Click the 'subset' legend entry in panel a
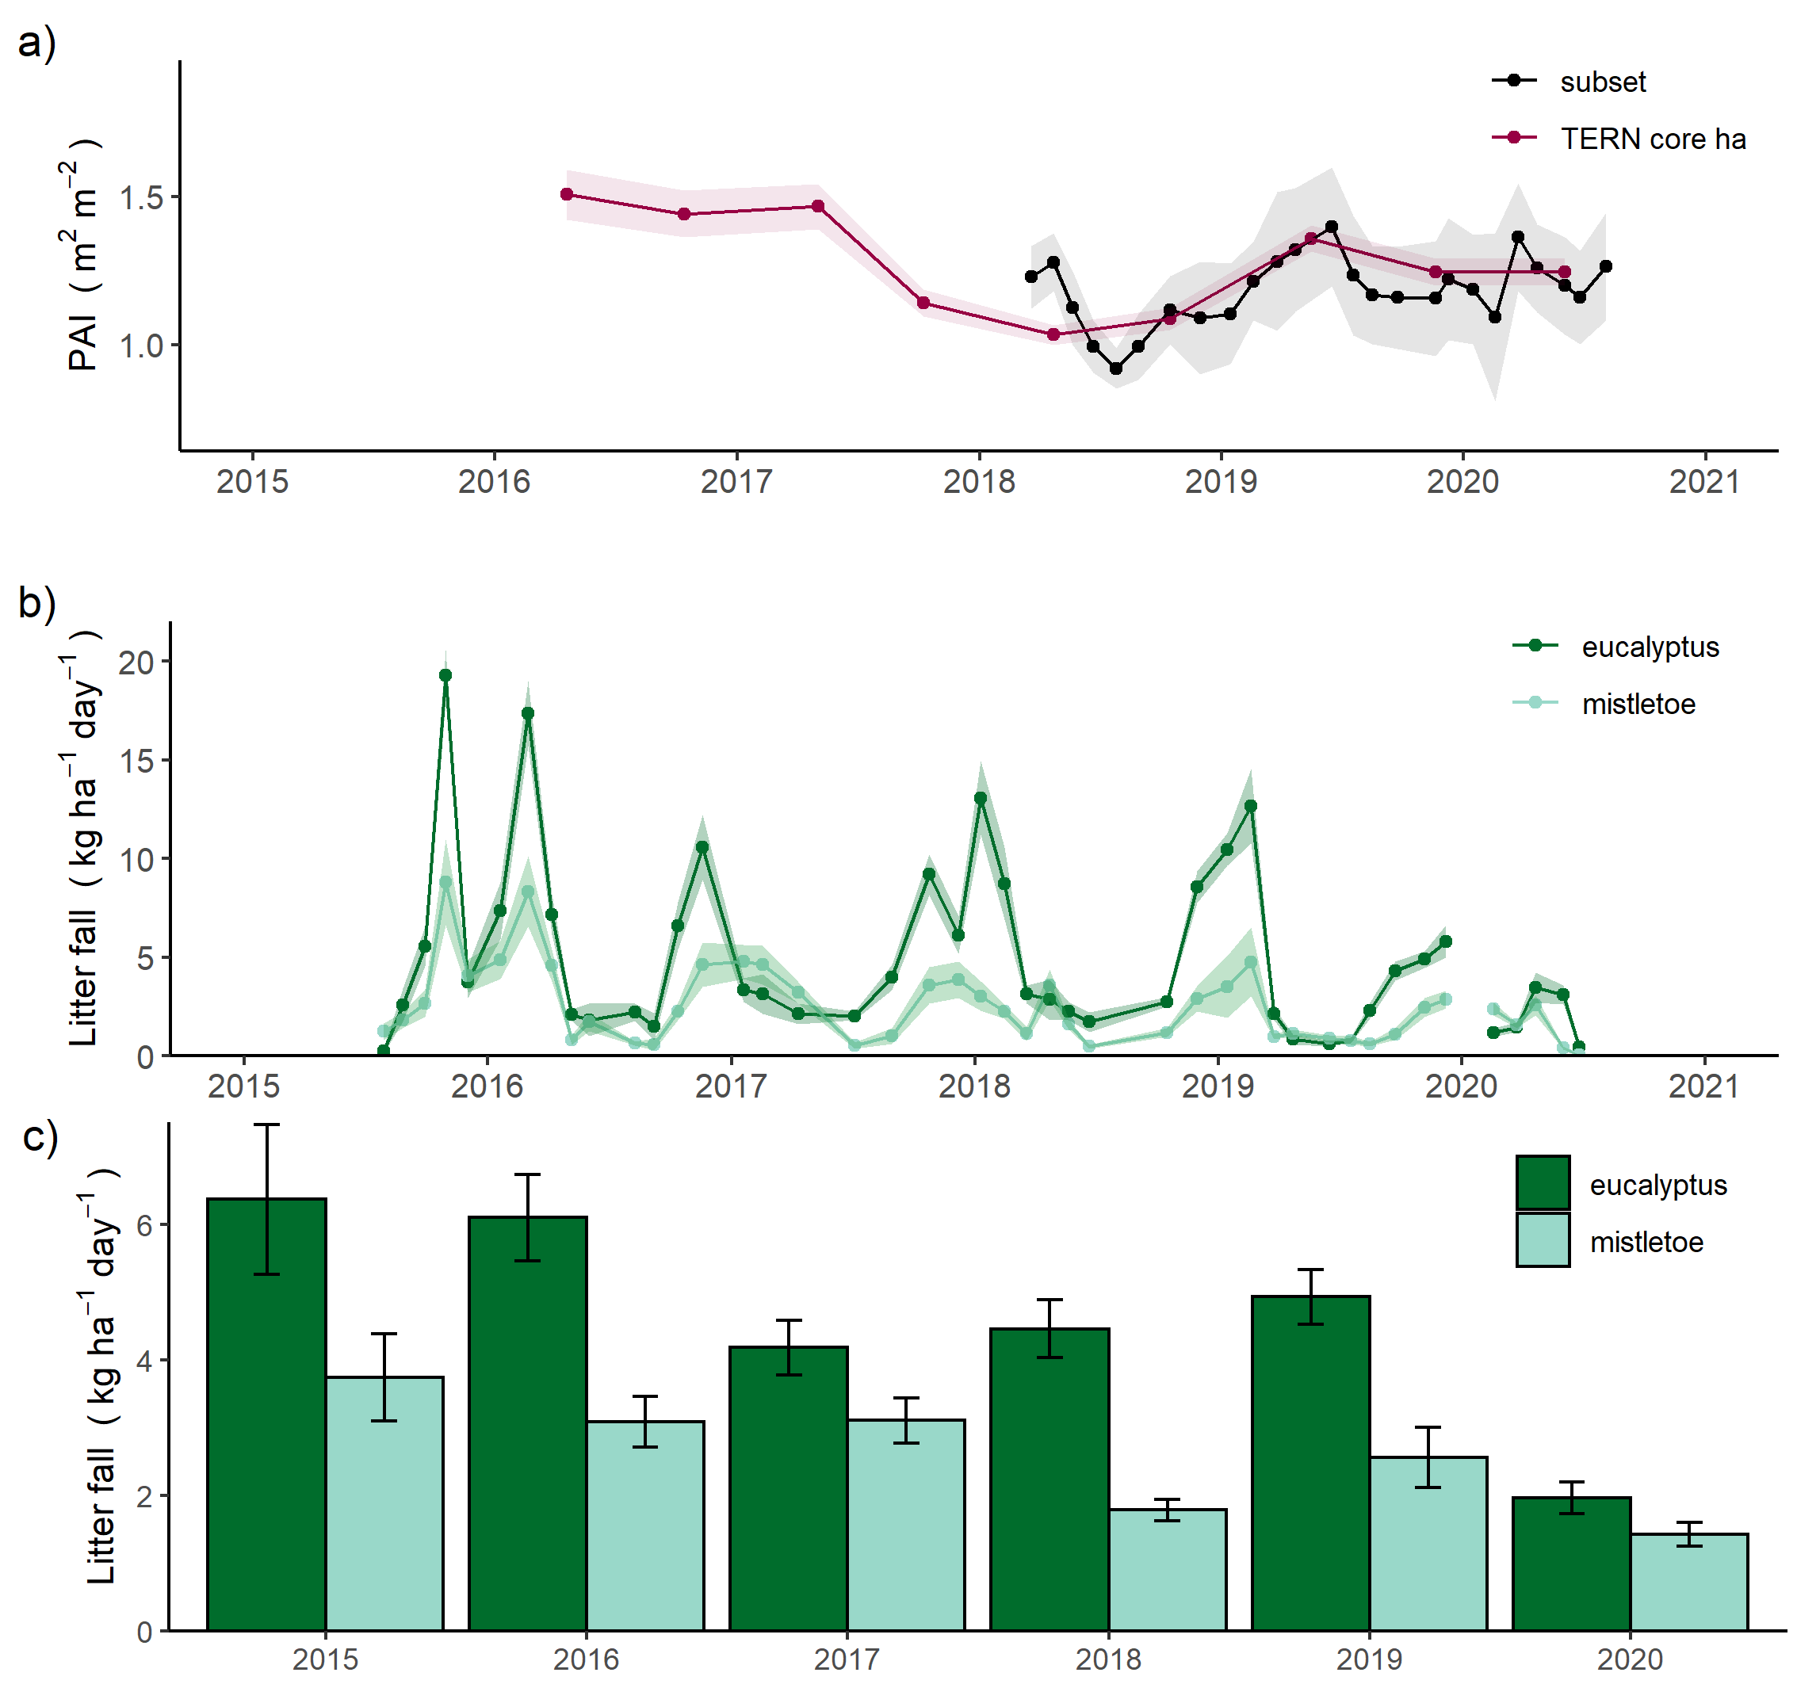[1602, 82]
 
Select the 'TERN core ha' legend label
[1653, 139]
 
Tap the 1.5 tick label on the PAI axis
[141, 198]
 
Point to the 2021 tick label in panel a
[1704, 482]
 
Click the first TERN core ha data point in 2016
[567, 194]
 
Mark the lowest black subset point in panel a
[1116, 368]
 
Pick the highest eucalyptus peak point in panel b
[445, 675]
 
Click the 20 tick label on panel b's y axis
[136, 663]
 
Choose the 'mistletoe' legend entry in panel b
[1638, 705]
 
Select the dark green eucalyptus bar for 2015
[266, 1419]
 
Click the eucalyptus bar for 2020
[1571, 1568]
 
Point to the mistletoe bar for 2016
[645, 1528]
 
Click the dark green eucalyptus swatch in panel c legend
[1542, 1182]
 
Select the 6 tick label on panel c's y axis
[144, 1225]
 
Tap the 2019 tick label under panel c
[1368, 1659]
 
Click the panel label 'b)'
[37, 602]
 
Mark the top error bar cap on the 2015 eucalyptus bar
[266, 1125]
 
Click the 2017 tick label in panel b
[730, 1086]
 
